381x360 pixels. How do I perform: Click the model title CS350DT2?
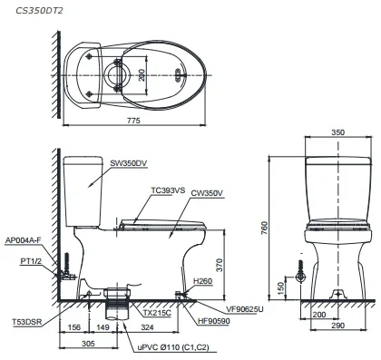click(x=40, y=11)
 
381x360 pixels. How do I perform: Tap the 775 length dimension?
click(x=133, y=121)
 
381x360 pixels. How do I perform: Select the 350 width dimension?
click(x=337, y=132)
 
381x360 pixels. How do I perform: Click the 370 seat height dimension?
click(x=220, y=265)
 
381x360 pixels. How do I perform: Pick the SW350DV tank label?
click(x=129, y=163)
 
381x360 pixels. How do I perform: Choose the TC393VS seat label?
click(x=169, y=190)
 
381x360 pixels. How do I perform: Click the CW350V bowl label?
click(x=209, y=193)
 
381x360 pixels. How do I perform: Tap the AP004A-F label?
click(x=24, y=240)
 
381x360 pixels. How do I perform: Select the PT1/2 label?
click(x=31, y=261)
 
